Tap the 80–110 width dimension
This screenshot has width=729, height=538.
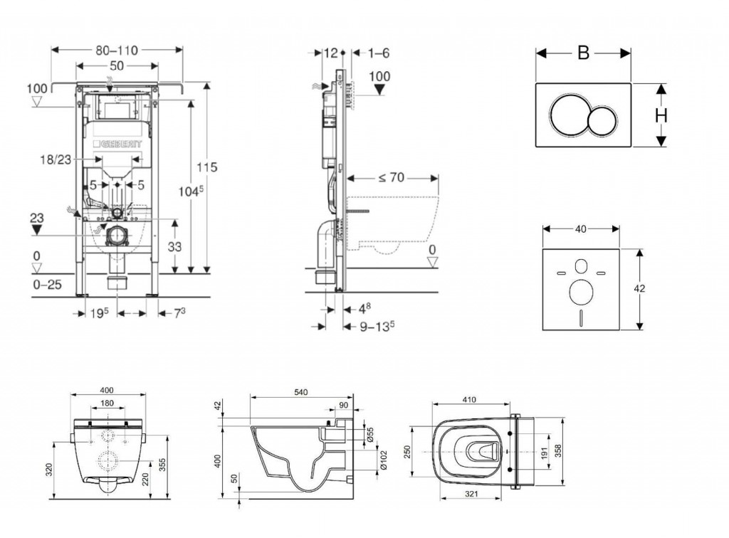click(x=116, y=50)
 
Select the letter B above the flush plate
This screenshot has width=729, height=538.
click(x=584, y=53)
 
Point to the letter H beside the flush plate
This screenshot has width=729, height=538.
click(x=661, y=115)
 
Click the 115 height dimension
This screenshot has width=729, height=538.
click(x=207, y=167)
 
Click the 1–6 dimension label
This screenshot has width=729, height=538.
click(x=380, y=53)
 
